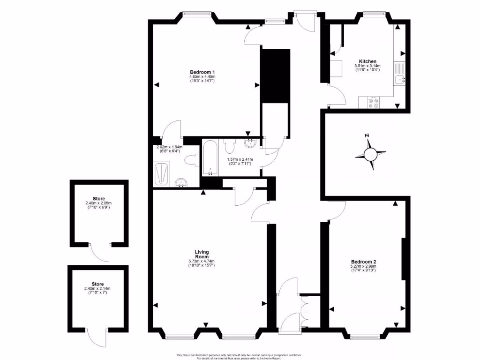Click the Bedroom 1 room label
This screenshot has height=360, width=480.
click(x=202, y=71)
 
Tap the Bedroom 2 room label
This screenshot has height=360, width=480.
click(x=364, y=262)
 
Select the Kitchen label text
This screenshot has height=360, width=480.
click(x=367, y=61)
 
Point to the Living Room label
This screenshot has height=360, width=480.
click(x=202, y=254)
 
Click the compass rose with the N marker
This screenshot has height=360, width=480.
click(x=371, y=153)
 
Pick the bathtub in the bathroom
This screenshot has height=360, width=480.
click(x=210, y=157)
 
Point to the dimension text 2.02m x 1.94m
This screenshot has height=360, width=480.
click(x=169, y=149)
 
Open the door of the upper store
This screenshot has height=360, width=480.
click(x=100, y=253)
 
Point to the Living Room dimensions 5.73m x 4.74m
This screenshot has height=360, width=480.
click(x=202, y=263)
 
